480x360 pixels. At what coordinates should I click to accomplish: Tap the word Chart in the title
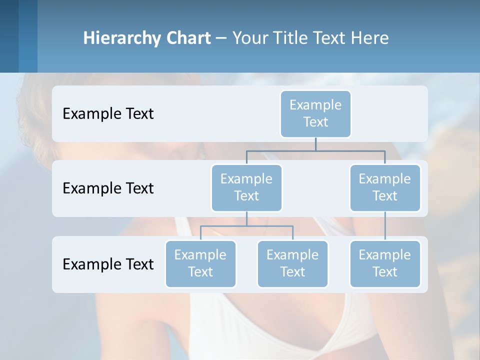[188, 38]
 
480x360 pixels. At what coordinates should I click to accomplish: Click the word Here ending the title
[370, 38]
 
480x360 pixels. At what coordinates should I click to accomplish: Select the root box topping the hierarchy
[315, 113]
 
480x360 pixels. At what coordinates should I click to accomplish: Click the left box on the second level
[246, 187]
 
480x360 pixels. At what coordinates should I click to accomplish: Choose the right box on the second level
[385, 187]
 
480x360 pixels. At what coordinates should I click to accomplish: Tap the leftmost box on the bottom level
[200, 263]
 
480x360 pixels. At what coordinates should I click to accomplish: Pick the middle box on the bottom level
[292, 263]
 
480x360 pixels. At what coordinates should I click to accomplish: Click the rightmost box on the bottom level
[385, 263]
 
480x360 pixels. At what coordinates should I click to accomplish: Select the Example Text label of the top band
[108, 114]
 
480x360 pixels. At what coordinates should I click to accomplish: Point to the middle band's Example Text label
[108, 188]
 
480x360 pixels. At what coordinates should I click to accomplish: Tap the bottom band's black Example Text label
[108, 264]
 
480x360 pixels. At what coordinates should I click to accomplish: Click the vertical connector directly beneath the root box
[315, 144]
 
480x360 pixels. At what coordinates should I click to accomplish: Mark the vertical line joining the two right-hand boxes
[385, 226]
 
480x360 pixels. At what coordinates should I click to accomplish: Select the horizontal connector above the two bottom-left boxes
[246, 226]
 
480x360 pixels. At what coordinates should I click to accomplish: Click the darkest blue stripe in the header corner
[9, 36]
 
